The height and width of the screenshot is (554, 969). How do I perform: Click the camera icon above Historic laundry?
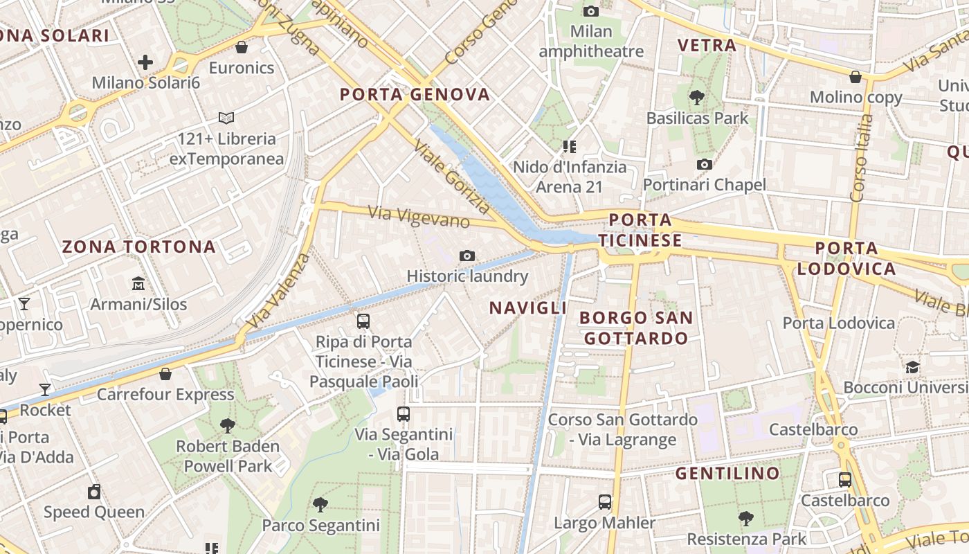coord(467,256)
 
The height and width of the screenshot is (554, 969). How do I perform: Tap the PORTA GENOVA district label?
coord(415,95)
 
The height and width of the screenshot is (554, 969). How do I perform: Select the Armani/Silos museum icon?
coord(138,284)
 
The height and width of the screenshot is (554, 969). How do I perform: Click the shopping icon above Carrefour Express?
coord(165,374)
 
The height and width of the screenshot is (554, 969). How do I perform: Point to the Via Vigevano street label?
coord(419,217)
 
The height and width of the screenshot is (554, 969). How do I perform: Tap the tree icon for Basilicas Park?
coord(697,98)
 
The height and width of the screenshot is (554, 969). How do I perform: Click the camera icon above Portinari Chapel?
coord(705,164)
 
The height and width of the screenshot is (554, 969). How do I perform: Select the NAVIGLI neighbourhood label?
coord(528,308)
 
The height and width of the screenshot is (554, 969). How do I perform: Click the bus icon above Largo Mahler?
coord(605,501)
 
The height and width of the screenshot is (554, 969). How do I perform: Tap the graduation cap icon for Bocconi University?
coord(913,367)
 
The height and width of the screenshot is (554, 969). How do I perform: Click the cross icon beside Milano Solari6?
coord(145,62)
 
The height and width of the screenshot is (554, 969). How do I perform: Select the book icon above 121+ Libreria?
coord(226,118)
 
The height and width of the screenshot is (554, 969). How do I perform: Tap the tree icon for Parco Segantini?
coord(320,504)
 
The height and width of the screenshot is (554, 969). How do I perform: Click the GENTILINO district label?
coord(727,474)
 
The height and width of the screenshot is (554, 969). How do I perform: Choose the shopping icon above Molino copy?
coord(855,76)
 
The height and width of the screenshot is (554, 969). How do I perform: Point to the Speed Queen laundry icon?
coord(94,492)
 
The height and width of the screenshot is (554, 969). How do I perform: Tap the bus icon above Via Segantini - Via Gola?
coord(404,414)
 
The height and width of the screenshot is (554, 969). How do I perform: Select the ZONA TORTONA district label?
coord(139,247)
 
